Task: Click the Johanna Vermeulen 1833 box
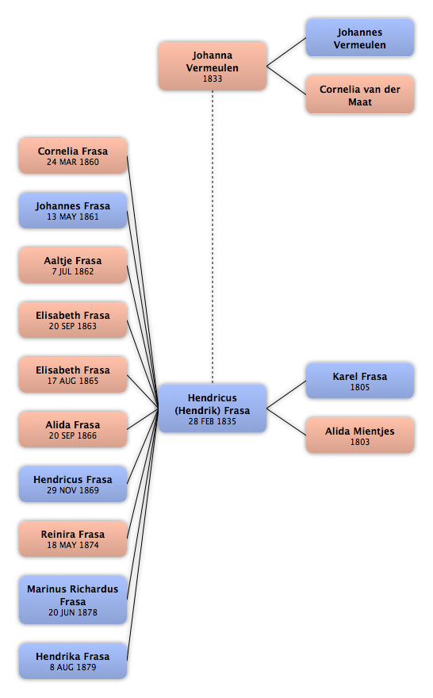[x=213, y=67]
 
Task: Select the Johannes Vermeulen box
[x=359, y=38]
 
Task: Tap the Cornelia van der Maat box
[x=359, y=95]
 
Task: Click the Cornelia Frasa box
[x=73, y=155]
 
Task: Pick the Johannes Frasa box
[x=73, y=210]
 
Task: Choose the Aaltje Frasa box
[x=73, y=265]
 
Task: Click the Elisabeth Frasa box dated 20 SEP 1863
[x=73, y=320]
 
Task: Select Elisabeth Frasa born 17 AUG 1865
[x=73, y=375]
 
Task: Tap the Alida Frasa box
[x=73, y=430]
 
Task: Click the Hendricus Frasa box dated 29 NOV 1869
[x=73, y=485]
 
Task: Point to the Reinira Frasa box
[x=73, y=539]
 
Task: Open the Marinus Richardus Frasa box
[x=73, y=600]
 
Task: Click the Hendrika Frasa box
[x=73, y=661]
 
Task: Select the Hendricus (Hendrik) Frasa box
[x=213, y=408]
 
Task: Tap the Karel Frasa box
[x=359, y=381]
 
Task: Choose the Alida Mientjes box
[x=359, y=435]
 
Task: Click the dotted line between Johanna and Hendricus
[x=213, y=237]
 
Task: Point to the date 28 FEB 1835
[x=213, y=421]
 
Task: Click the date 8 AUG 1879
[x=73, y=667]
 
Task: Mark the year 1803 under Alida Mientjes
[x=359, y=442]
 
